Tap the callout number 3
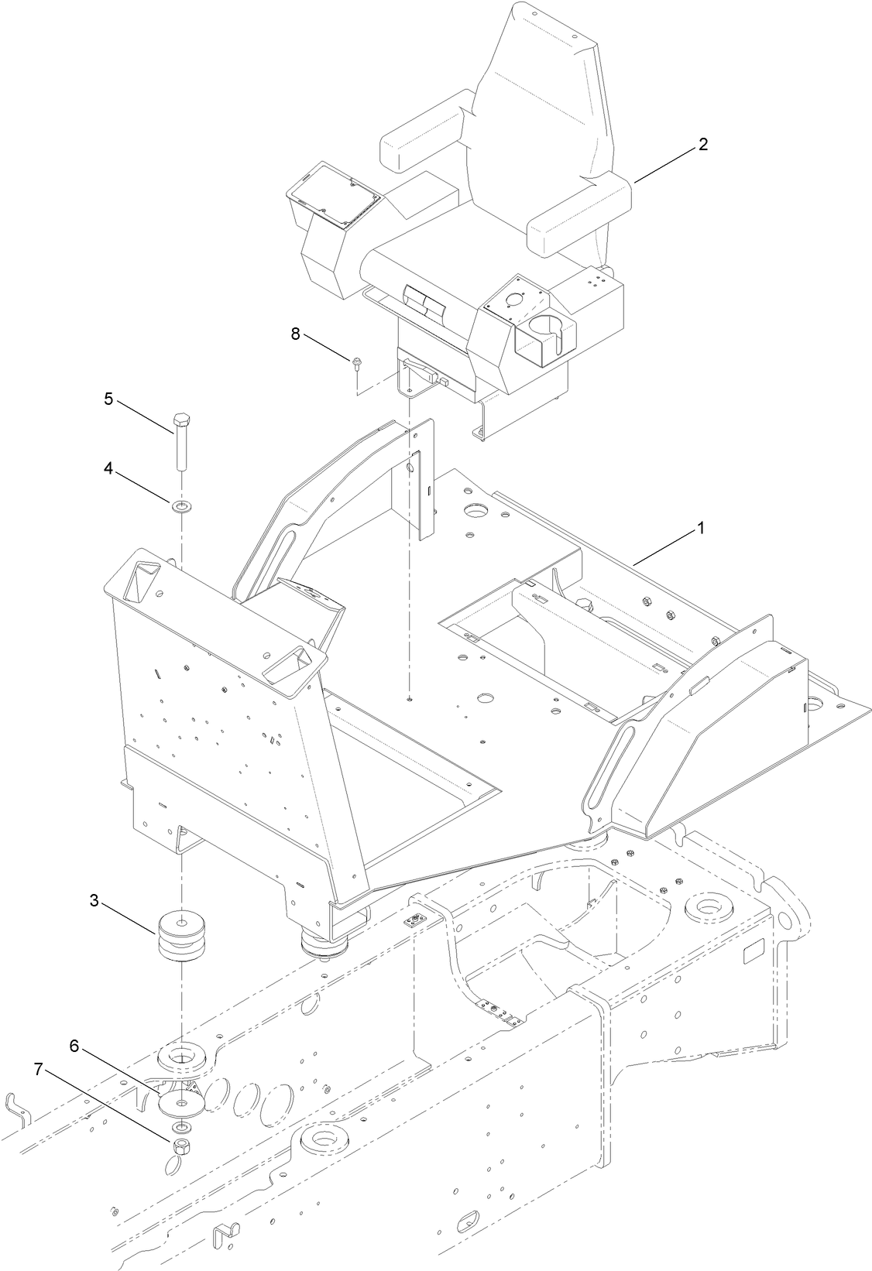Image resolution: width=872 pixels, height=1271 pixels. pos(94,900)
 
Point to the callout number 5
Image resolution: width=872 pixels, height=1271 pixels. pos(109,399)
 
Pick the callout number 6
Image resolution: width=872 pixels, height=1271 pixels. pos(74,1045)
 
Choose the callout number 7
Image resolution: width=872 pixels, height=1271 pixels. pos(38,1070)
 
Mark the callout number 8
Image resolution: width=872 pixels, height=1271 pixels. pos(294,334)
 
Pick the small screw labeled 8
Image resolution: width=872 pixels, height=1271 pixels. pos(357,362)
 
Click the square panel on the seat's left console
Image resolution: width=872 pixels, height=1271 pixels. pos(335,190)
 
